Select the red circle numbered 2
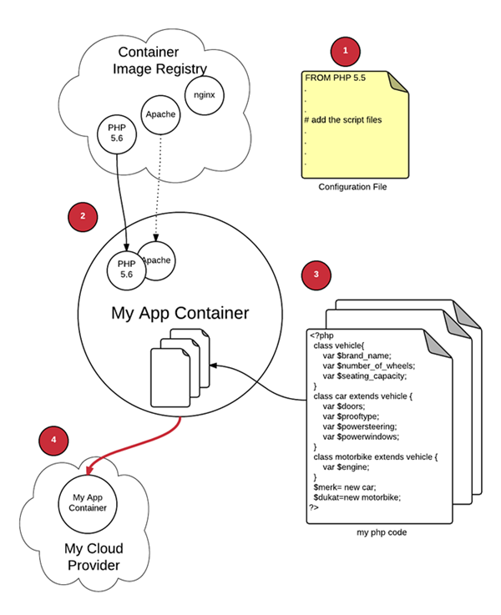pyautogui.click(x=82, y=216)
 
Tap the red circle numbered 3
pyautogui.click(x=315, y=274)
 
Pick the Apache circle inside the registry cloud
pyautogui.click(x=160, y=113)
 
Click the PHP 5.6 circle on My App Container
pyautogui.click(x=125, y=269)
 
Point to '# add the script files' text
pyautogui.click(x=343, y=120)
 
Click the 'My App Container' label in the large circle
pyautogui.click(x=180, y=314)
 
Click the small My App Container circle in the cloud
pyautogui.click(x=88, y=502)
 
